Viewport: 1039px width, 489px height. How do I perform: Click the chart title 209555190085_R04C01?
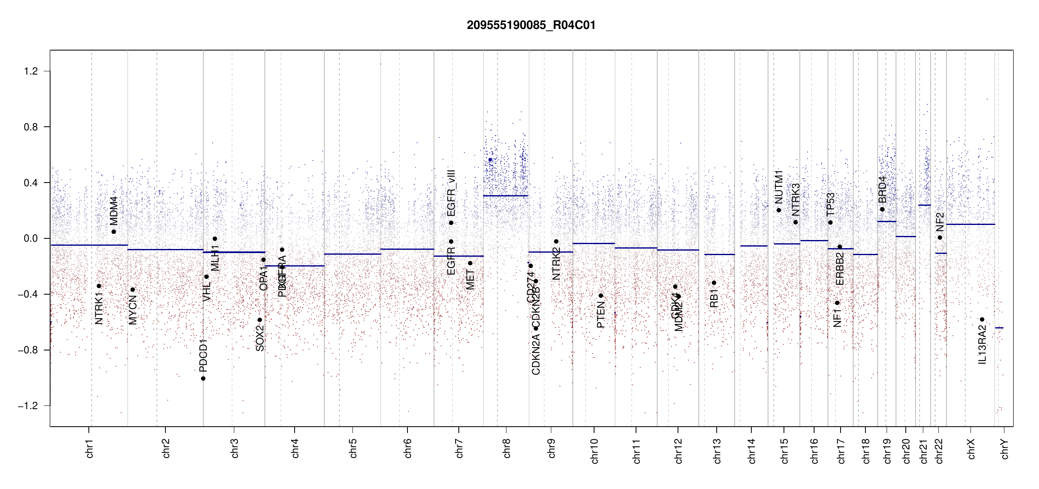click(x=531, y=25)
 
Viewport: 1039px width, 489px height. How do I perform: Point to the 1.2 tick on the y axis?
click(x=31, y=71)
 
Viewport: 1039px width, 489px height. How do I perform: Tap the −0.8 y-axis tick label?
click(x=28, y=350)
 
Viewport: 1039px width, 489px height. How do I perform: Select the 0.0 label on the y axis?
click(x=31, y=238)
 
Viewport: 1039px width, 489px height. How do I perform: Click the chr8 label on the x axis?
click(x=506, y=448)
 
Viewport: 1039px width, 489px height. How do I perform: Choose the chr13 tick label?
click(x=717, y=451)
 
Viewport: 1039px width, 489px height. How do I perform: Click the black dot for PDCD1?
click(x=203, y=379)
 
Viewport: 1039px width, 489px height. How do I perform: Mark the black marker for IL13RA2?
click(x=982, y=319)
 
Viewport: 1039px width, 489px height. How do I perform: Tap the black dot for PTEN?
click(x=601, y=296)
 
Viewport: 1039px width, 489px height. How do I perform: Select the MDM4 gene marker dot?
click(x=114, y=232)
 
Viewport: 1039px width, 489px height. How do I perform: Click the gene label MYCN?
click(x=133, y=310)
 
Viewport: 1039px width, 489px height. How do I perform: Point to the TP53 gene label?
click(x=830, y=204)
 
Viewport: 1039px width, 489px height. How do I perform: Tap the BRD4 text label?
click(x=882, y=189)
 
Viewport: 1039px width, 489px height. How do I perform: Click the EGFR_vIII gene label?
click(x=451, y=193)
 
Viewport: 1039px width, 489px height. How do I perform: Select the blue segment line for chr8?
click(x=506, y=196)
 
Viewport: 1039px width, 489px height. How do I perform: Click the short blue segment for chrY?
click(x=999, y=328)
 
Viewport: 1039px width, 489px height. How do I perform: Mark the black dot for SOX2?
click(x=260, y=320)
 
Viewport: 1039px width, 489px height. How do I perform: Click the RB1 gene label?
click(x=714, y=298)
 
